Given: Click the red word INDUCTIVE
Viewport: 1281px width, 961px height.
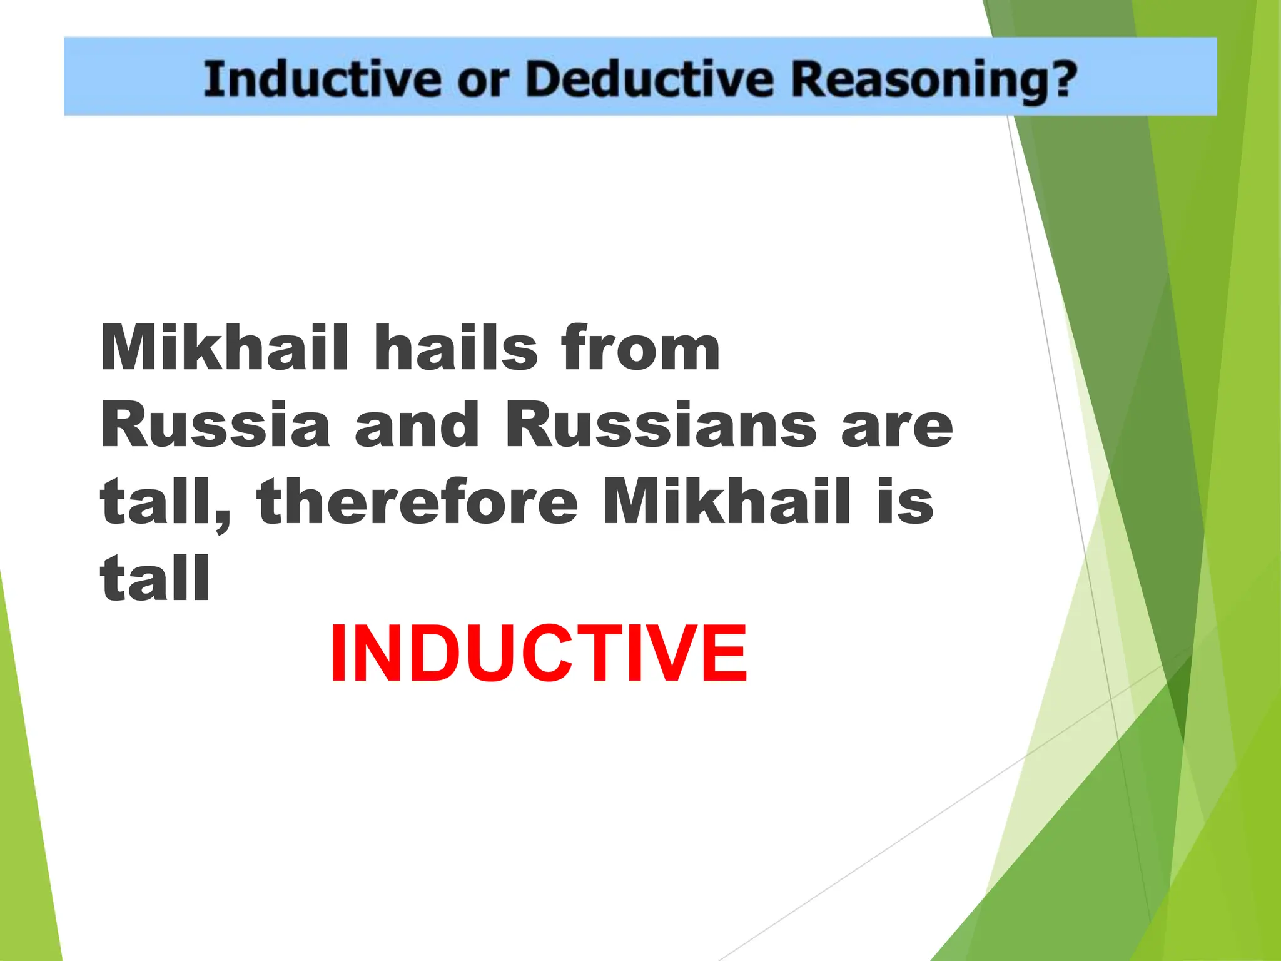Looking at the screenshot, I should coord(538,654).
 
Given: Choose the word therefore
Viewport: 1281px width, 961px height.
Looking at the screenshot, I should coord(417,502).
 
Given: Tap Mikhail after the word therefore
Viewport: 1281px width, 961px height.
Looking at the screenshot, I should coord(726,502).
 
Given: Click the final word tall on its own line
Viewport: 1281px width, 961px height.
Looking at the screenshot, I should coord(155,578).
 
